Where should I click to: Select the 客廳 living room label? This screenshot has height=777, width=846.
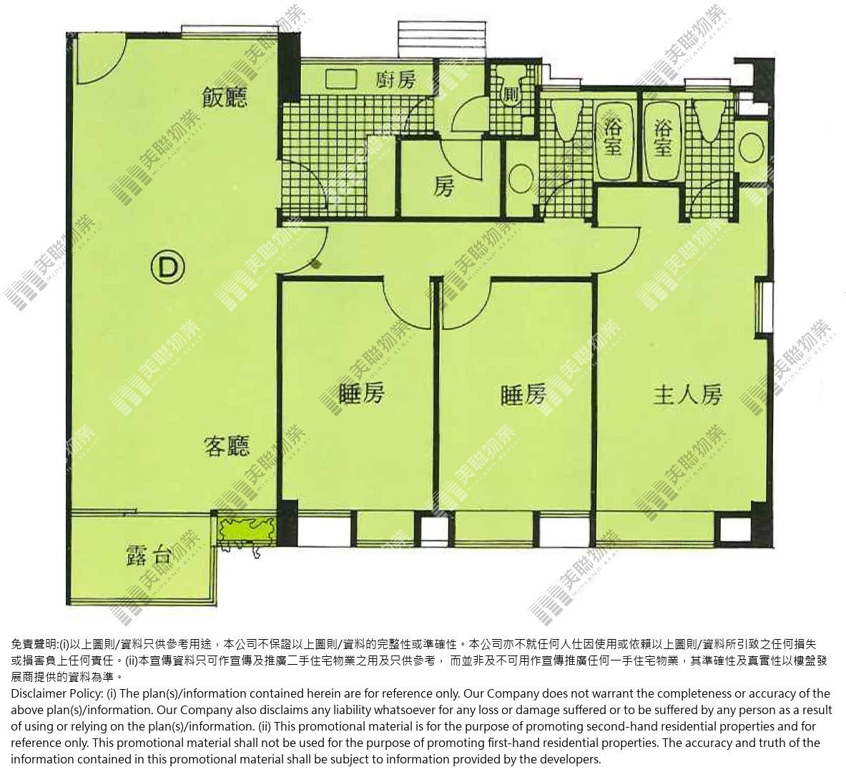pyautogui.click(x=227, y=446)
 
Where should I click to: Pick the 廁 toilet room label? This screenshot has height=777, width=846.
pyautogui.click(x=511, y=94)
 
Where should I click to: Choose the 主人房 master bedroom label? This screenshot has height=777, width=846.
pyautogui.click(x=687, y=395)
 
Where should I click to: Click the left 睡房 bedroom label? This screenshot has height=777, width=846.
pyautogui.click(x=362, y=394)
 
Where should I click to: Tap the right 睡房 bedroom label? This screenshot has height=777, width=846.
pyautogui.click(x=523, y=395)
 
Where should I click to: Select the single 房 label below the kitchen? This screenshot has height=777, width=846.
pyautogui.click(x=444, y=187)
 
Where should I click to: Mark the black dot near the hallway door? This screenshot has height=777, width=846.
pyautogui.click(x=315, y=264)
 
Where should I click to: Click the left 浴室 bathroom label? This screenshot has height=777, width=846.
pyautogui.click(x=612, y=138)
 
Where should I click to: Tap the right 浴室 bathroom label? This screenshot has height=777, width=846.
pyautogui.click(x=662, y=138)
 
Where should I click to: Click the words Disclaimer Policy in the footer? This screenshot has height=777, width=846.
pyautogui.click(x=48, y=693)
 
